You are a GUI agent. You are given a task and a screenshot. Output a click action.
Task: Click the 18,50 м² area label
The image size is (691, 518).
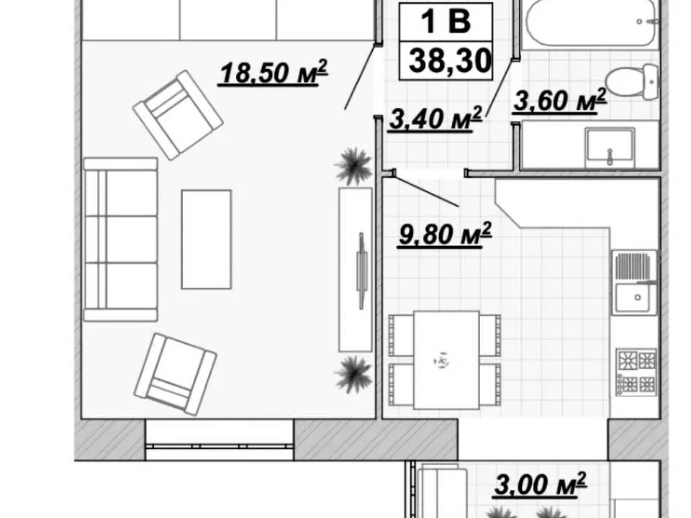[x=274, y=72]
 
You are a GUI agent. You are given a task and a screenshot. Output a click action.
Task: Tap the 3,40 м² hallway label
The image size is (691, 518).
[x=435, y=119]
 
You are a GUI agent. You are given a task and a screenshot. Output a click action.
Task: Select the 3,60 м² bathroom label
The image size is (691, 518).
[x=560, y=100]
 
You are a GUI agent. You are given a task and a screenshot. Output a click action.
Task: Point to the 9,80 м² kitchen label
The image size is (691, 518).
[x=444, y=234]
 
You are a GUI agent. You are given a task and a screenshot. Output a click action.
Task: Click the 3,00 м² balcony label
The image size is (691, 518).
[x=541, y=484]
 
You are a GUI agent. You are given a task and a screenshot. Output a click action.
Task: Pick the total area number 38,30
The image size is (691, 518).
[x=449, y=60]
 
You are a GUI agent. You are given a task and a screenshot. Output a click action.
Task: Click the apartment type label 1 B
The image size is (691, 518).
[x=446, y=21]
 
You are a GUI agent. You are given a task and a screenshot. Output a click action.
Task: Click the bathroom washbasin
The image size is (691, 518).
[x=610, y=147]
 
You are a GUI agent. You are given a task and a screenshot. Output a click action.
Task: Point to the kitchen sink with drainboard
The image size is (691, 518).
[x=634, y=282]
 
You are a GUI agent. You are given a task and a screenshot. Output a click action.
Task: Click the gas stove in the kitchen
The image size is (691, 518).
[x=637, y=372]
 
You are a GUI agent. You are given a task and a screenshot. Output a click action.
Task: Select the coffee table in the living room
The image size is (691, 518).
[x=207, y=239]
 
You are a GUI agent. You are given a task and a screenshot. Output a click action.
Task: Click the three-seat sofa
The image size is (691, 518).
[x=120, y=239]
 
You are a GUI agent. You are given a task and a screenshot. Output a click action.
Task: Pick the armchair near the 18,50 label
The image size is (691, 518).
[x=178, y=115]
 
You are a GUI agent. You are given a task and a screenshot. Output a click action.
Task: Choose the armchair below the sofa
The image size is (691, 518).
[x=176, y=374]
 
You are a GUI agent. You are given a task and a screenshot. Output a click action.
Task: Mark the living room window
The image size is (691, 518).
[x=220, y=440]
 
